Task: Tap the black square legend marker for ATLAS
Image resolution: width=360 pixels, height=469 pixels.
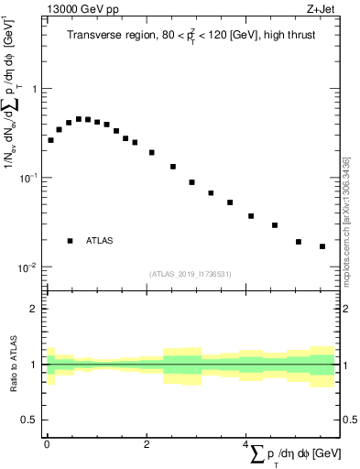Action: coord(70,241)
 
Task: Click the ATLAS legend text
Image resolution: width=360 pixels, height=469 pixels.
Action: coord(100,241)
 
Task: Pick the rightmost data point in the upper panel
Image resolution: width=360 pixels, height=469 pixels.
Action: coord(322,246)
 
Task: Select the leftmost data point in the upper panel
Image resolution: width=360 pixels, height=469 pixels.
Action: coord(50,140)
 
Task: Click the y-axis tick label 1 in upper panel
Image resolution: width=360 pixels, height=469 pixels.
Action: coord(34,89)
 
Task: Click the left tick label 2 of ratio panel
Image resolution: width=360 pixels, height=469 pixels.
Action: coord(34,309)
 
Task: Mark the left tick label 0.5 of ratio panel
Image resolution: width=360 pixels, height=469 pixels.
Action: coord(30,420)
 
